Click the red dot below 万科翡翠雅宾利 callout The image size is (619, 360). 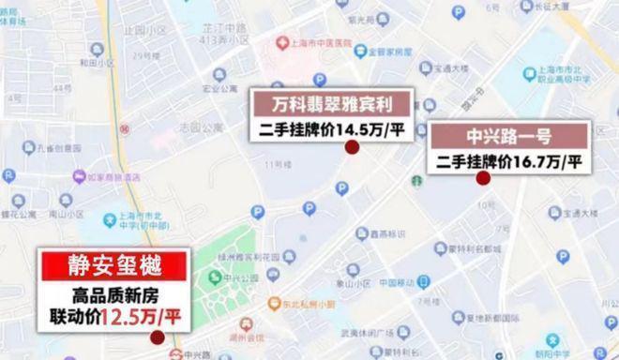point(352,148)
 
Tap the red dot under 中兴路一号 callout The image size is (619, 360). point(483,178)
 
